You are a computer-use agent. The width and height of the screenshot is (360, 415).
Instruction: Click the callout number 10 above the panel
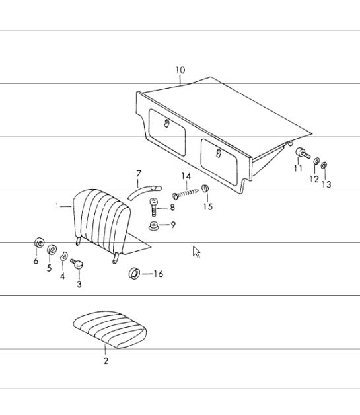(x=180, y=70)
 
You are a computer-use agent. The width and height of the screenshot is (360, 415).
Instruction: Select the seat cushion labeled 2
(x=110, y=330)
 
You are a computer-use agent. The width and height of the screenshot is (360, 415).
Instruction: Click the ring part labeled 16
(x=134, y=274)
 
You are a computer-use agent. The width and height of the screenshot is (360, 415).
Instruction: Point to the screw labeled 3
(x=77, y=264)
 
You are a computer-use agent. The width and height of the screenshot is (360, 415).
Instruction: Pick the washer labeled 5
(x=52, y=250)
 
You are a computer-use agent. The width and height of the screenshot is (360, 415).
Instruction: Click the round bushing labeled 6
(x=40, y=243)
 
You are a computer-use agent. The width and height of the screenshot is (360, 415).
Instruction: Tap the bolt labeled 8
(x=154, y=207)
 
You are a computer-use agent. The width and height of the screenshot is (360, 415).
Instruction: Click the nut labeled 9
(x=153, y=226)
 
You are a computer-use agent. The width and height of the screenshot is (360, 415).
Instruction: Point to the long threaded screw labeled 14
(x=186, y=194)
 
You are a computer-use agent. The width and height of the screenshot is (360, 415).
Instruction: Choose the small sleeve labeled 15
(x=205, y=188)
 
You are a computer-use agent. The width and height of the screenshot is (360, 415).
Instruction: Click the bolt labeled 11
(x=303, y=153)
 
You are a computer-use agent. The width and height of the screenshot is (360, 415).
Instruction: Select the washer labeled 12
(x=316, y=161)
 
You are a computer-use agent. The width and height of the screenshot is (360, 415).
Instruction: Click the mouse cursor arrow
(x=196, y=252)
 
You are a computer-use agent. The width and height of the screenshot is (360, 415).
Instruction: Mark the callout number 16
(x=158, y=274)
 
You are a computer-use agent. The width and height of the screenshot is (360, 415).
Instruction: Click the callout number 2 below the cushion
(x=106, y=360)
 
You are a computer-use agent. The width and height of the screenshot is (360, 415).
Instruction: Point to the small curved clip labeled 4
(x=64, y=256)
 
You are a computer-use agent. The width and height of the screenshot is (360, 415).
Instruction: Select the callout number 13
(x=326, y=184)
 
